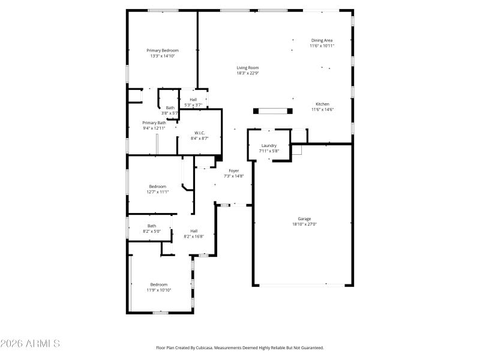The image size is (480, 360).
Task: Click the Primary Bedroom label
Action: coord(163,50)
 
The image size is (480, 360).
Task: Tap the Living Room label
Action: coord(247,68)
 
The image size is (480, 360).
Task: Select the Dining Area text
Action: coord(322,40)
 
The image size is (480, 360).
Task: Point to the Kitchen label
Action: coord(322,104)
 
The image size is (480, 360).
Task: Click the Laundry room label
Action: coord(268,146)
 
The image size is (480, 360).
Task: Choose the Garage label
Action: coord(304,219)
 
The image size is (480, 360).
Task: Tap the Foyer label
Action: coord(234,171)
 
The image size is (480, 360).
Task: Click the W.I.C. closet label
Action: coord(200,133)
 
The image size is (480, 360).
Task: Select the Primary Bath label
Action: coord(154,122)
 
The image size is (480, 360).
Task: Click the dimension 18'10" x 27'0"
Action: coord(304,224)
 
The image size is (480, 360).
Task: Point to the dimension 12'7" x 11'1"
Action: coord(158,192)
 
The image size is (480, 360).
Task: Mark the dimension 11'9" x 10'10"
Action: coord(159,290)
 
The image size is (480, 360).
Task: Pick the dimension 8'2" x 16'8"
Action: coord(194,236)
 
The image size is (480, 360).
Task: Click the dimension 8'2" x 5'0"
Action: coord(152,231)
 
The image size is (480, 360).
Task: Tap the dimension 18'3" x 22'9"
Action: coord(247,73)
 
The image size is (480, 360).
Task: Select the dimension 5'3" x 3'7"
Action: coord(193,105)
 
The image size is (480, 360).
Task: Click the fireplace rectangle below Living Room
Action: coord(274,110)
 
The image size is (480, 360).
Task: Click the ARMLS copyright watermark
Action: coord(30,344)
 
